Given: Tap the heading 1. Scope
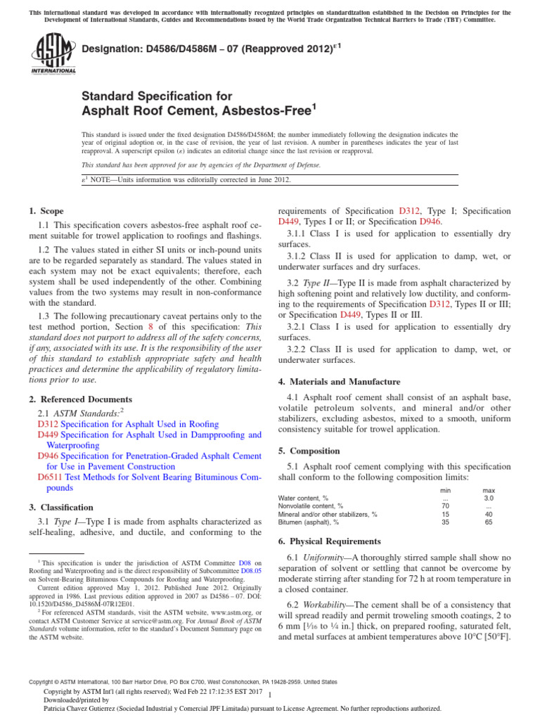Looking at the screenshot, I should tap(46, 211).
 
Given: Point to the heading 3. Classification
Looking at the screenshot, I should tap(60, 507).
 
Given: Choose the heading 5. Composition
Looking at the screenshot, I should tap(309, 451).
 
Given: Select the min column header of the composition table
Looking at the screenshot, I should tap(445, 490).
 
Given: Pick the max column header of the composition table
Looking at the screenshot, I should tap(488, 490).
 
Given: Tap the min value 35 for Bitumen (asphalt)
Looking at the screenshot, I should tap(445, 522).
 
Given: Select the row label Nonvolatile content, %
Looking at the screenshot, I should tap(311, 506).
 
